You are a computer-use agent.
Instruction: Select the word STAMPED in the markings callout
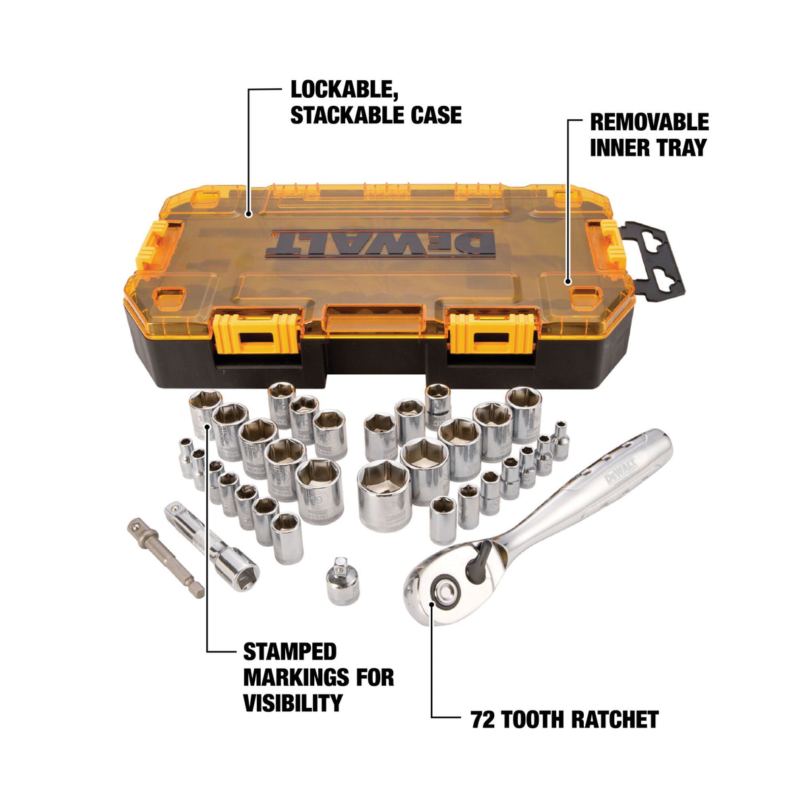[x=289, y=652]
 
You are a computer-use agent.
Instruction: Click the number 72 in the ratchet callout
[x=483, y=719]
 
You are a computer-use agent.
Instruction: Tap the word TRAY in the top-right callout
[x=680, y=147]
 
